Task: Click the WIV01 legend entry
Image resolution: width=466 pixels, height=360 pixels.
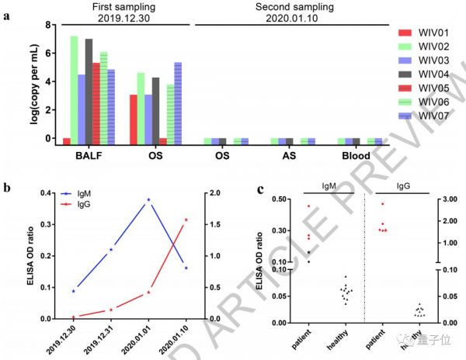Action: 426,32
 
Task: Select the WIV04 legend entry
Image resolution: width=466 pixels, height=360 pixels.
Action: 426,74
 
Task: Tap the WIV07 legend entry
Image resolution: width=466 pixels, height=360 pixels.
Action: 426,116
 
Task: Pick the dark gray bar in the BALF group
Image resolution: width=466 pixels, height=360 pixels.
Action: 89,88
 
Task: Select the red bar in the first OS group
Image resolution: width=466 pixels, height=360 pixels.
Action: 134,116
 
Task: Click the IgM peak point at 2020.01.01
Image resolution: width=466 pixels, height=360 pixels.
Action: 148,199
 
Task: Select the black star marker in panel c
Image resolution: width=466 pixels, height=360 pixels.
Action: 308,252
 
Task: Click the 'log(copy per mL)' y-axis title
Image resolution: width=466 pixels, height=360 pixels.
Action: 9,81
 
